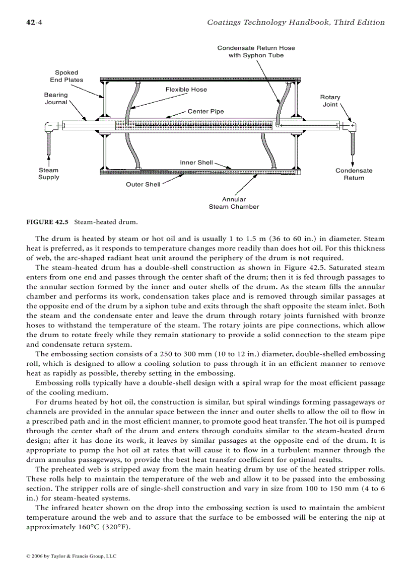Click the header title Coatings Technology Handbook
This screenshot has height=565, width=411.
coord(296,22)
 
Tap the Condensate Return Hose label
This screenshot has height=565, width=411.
coord(256,51)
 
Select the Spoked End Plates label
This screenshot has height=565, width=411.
coord(66,76)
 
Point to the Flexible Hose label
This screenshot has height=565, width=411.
coord(186,90)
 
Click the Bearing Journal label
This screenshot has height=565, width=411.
coord(56,98)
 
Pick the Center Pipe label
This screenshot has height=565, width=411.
coord(205,111)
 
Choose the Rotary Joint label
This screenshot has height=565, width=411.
coord(330,101)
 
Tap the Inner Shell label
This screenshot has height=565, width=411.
coord(196,163)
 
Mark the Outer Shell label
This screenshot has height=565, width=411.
coord(143,185)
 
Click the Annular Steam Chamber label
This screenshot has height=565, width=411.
coord(234,203)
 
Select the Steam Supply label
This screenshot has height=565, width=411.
coord(49,174)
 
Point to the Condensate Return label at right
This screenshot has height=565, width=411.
coord(354,174)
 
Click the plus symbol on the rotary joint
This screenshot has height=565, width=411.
coord(353,125)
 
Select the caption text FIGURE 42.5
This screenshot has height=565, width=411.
coord(47,222)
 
